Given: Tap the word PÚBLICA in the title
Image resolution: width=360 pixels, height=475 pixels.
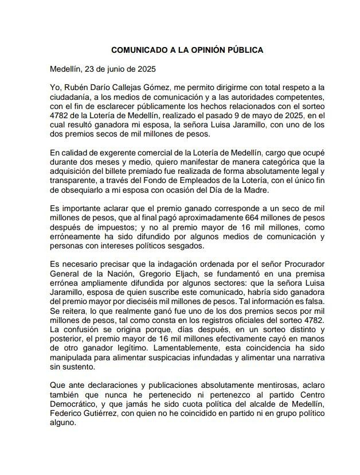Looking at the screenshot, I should point(244,50).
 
